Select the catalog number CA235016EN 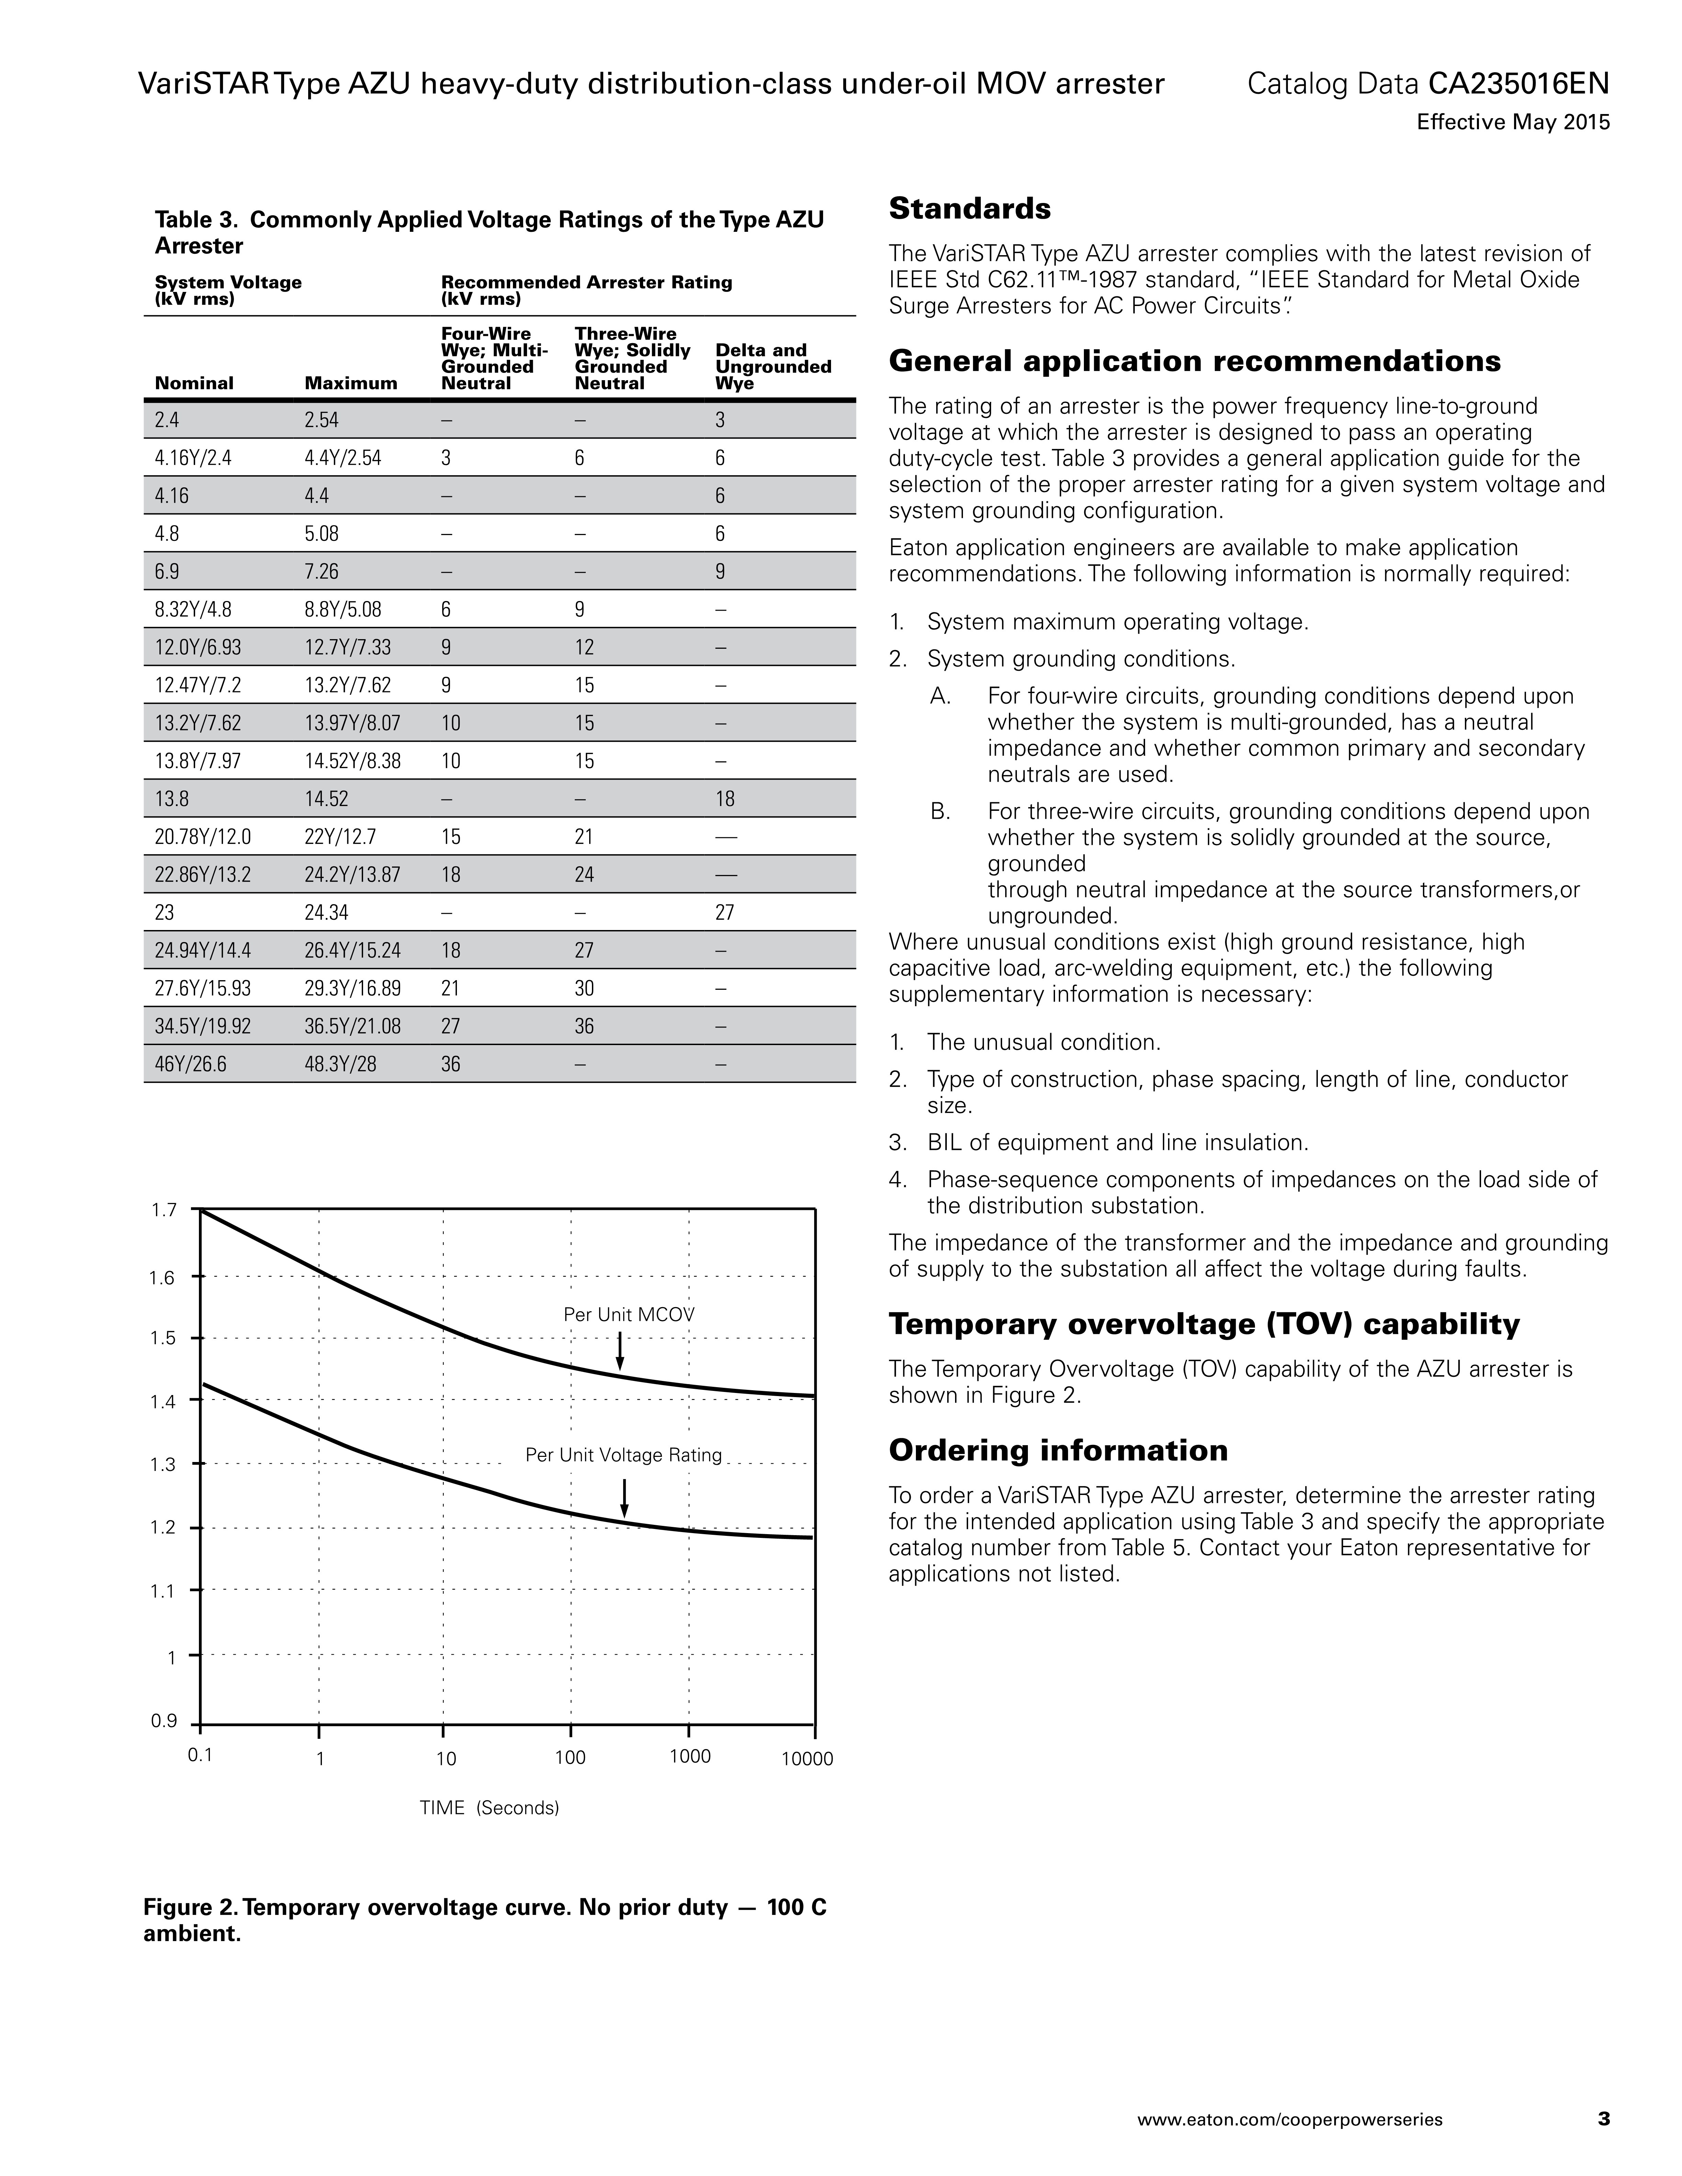click(x=1518, y=84)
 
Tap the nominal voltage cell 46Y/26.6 click(x=190, y=1064)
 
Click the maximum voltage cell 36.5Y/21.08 click(x=353, y=1026)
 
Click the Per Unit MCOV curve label click(x=629, y=1314)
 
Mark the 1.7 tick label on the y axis click(x=164, y=1211)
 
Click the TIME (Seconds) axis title click(x=489, y=1807)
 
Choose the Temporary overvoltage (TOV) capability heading click(x=1204, y=1324)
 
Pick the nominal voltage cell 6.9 click(x=167, y=572)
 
